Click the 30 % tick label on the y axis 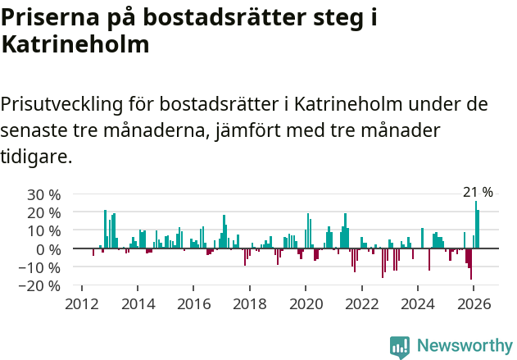(x=43, y=194)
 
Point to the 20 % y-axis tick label (x=43, y=212)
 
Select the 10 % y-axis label (x=43, y=230)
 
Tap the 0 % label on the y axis (x=48, y=248)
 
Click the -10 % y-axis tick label (x=41, y=267)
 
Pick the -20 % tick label (x=41, y=285)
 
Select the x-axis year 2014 (x=138, y=303)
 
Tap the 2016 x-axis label (x=193, y=303)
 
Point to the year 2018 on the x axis (x=250, y=303)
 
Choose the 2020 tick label (x=306, y=303)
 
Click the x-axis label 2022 (x=361, y=303)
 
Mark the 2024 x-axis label (x=418, y=303)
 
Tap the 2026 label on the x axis (x=474, y=303)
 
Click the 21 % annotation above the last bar (x=478, y=192)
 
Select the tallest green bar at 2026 (x=475, y=225)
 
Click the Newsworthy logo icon (x=400, y=347)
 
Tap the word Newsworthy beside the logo (x=464, y=347)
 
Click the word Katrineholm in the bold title (x=75, y=45)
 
